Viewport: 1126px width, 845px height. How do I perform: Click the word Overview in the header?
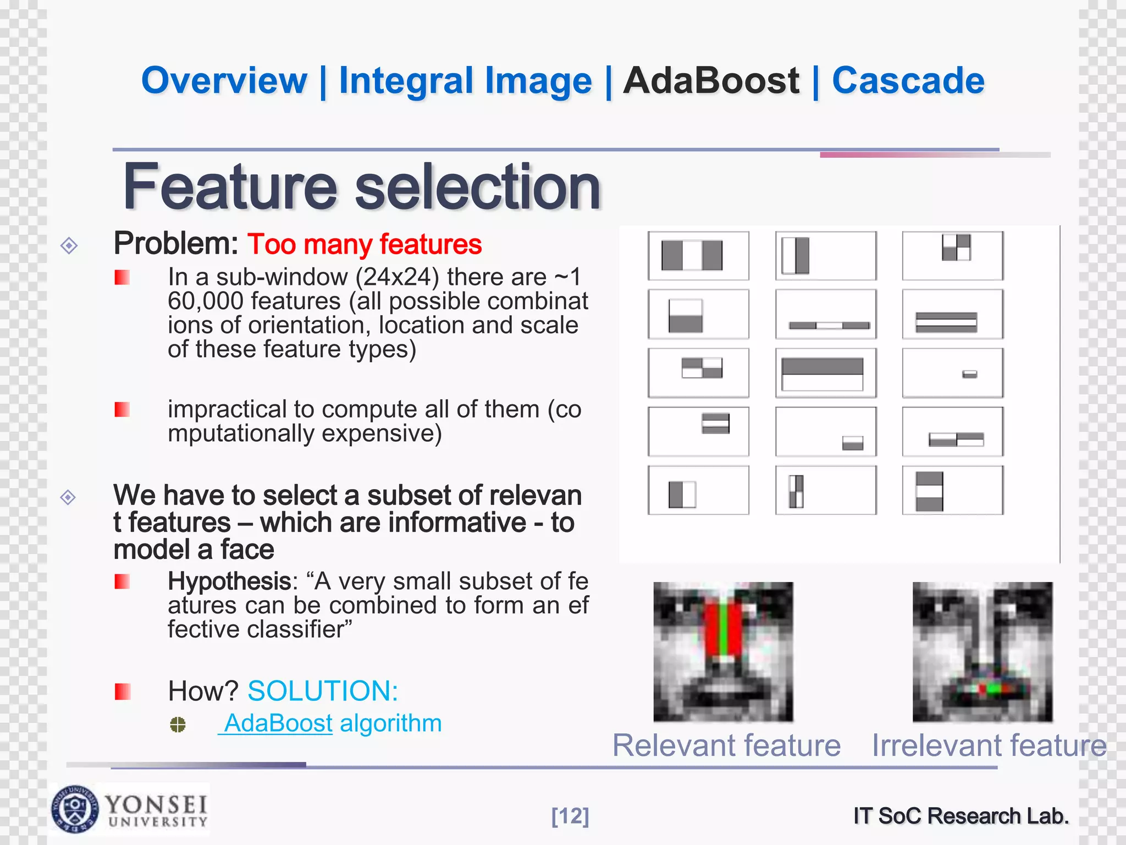(x=224, y=81)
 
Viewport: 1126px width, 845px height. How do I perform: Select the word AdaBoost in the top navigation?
(x=710, y=81)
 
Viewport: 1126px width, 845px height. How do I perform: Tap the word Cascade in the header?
(x=908, y=81)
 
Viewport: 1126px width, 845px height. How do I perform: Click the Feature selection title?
(x=362, y=187)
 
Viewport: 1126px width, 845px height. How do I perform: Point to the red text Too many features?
(x=364, y=244)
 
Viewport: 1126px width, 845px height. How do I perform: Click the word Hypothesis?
(x=229, y=581)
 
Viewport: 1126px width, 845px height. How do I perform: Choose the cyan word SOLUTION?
(x=323, y=691)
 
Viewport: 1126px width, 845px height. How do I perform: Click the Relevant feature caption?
(x=726, y=745)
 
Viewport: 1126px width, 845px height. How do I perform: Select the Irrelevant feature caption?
(x=989, y=745)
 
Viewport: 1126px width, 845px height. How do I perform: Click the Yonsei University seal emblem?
(x=75, y=809)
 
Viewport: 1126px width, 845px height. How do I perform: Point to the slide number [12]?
(x=570, y=816)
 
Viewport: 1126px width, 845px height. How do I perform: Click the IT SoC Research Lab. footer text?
(x=961, y=816)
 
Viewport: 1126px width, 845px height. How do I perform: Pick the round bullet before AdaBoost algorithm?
(x=178, y=725)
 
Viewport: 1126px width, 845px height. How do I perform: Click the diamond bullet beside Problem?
(x=69, y=245)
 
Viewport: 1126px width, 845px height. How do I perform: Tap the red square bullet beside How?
(x=122, y=692)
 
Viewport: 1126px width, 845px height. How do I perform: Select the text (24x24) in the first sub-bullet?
(x=397, y=277)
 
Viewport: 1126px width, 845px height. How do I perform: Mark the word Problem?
(x=175, y=244)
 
